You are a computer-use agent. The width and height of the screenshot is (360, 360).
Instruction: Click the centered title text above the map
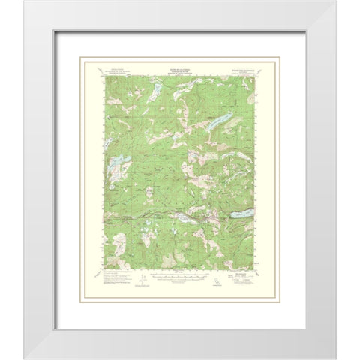pos(179,67)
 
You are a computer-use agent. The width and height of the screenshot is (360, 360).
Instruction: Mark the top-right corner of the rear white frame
pos(333,2)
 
